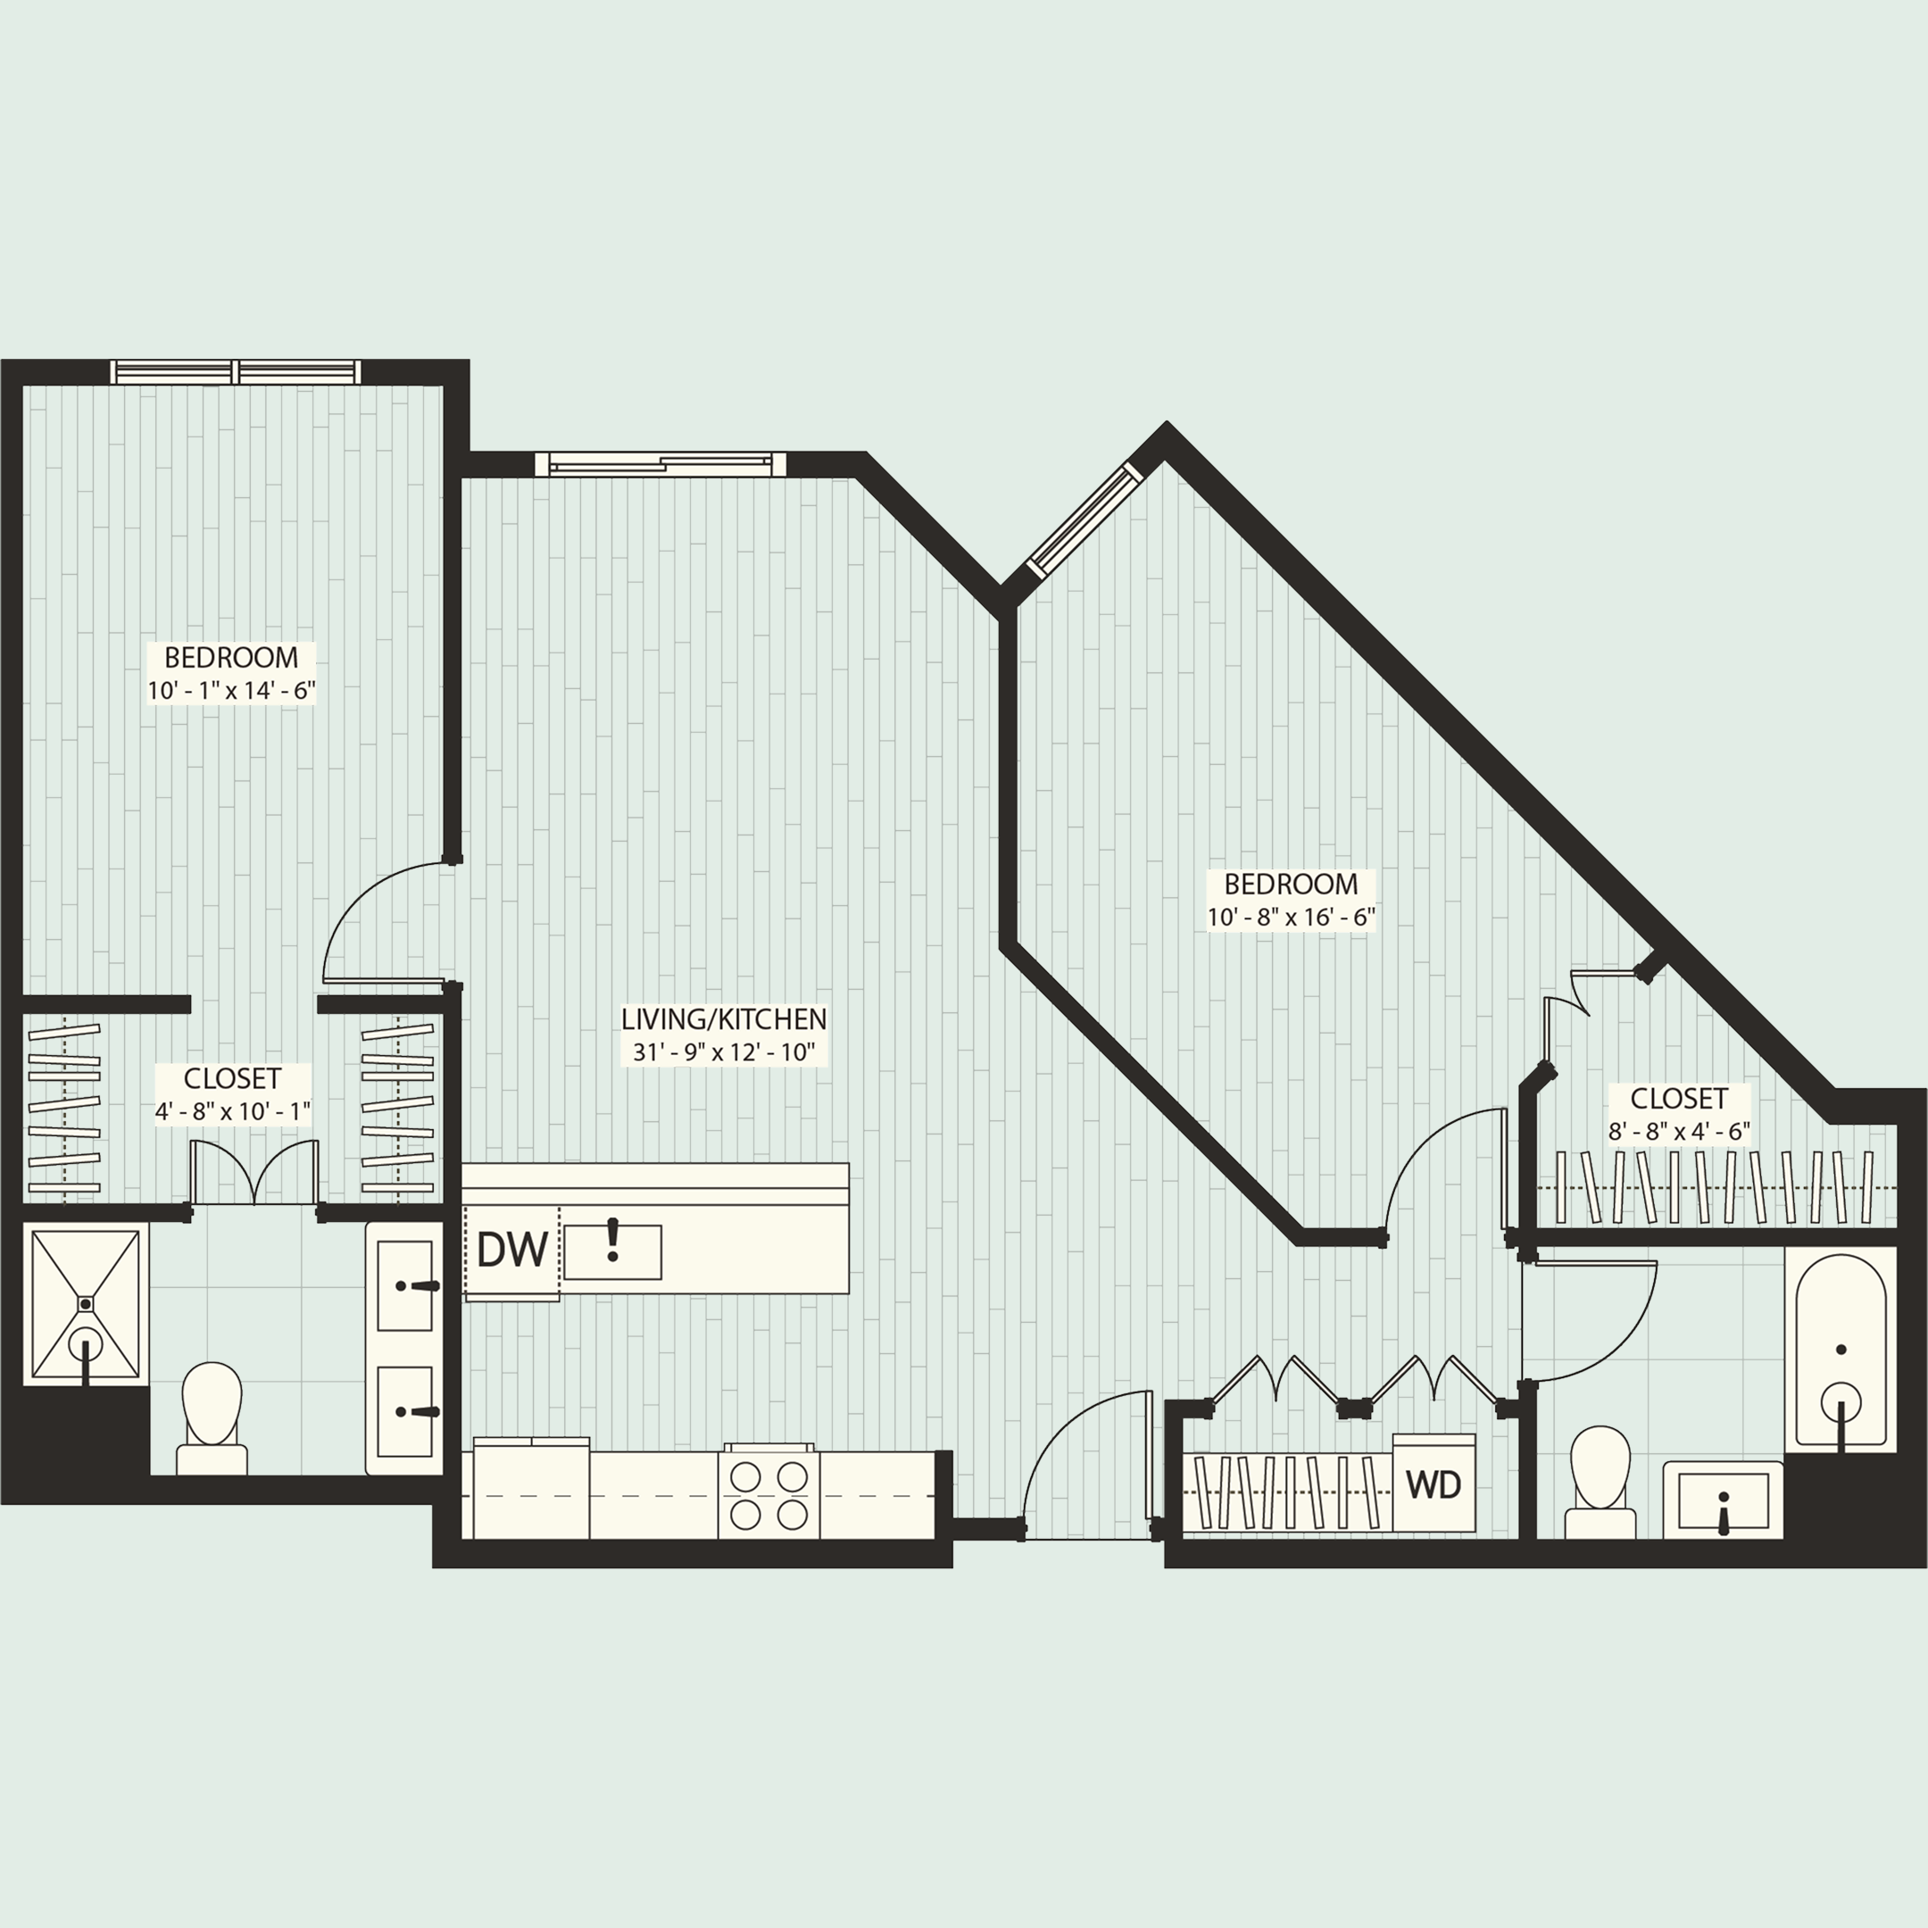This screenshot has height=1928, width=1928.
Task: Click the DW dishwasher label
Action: coord(512,1250)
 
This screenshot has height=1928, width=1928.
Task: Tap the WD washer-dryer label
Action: coord(1433,1485)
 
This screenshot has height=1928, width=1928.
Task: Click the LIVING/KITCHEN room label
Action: coord(724,1018)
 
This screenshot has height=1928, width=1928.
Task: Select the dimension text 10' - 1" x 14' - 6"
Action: coord(231,691)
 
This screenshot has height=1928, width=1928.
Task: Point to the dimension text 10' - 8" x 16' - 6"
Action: coord(1292,917)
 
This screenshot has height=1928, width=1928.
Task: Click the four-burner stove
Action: coord(769,1495)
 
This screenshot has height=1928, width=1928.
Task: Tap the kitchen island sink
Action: coord(612,1251)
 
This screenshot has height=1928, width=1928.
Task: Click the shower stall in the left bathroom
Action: coord(86,1305)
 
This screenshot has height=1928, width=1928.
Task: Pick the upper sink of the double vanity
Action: coord(405,1286)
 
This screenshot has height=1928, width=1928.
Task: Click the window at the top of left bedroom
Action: coord(236,372)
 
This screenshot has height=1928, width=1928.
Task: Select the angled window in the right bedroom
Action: coord(1084,519)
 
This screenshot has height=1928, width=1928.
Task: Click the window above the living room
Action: coord(661,464)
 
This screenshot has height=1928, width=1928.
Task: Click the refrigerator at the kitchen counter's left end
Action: coord(531,1491)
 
